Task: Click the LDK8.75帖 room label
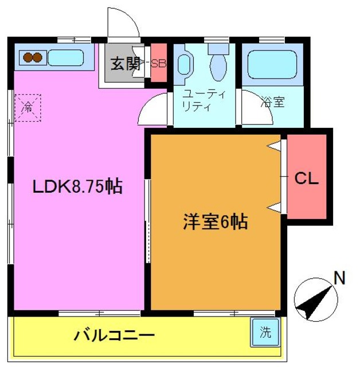(77, 186)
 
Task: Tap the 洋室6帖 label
(216, 221)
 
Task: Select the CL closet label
(306, 178)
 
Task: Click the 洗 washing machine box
(265, 333)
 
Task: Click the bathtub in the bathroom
(271, 65)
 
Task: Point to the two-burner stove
(32, 57)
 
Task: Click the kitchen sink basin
(66, 57)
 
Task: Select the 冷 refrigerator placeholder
(28, 106)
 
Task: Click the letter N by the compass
(339, 279)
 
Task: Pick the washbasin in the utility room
(184, 64)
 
